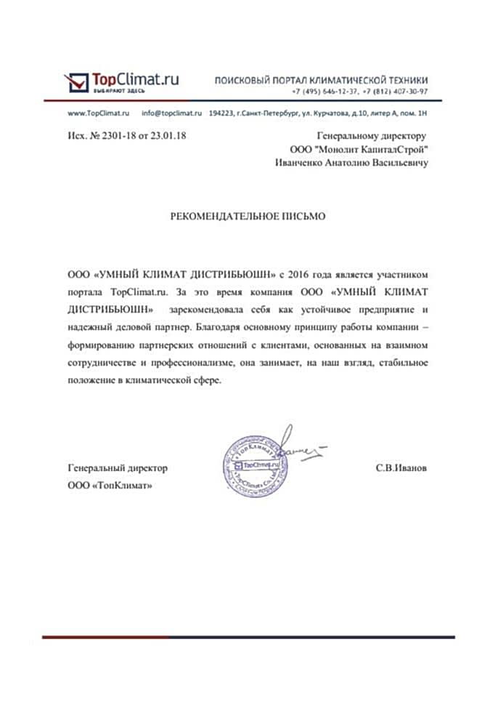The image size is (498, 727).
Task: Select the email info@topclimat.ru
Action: point(171,114)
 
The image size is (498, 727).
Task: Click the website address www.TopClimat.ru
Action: point(98,114)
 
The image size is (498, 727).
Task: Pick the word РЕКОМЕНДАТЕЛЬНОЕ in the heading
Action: point(221,216)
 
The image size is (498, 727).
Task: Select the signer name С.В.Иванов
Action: point(401,469)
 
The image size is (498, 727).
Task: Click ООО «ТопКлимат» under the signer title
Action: point(110,485)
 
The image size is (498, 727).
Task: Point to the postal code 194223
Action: point(221,114)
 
